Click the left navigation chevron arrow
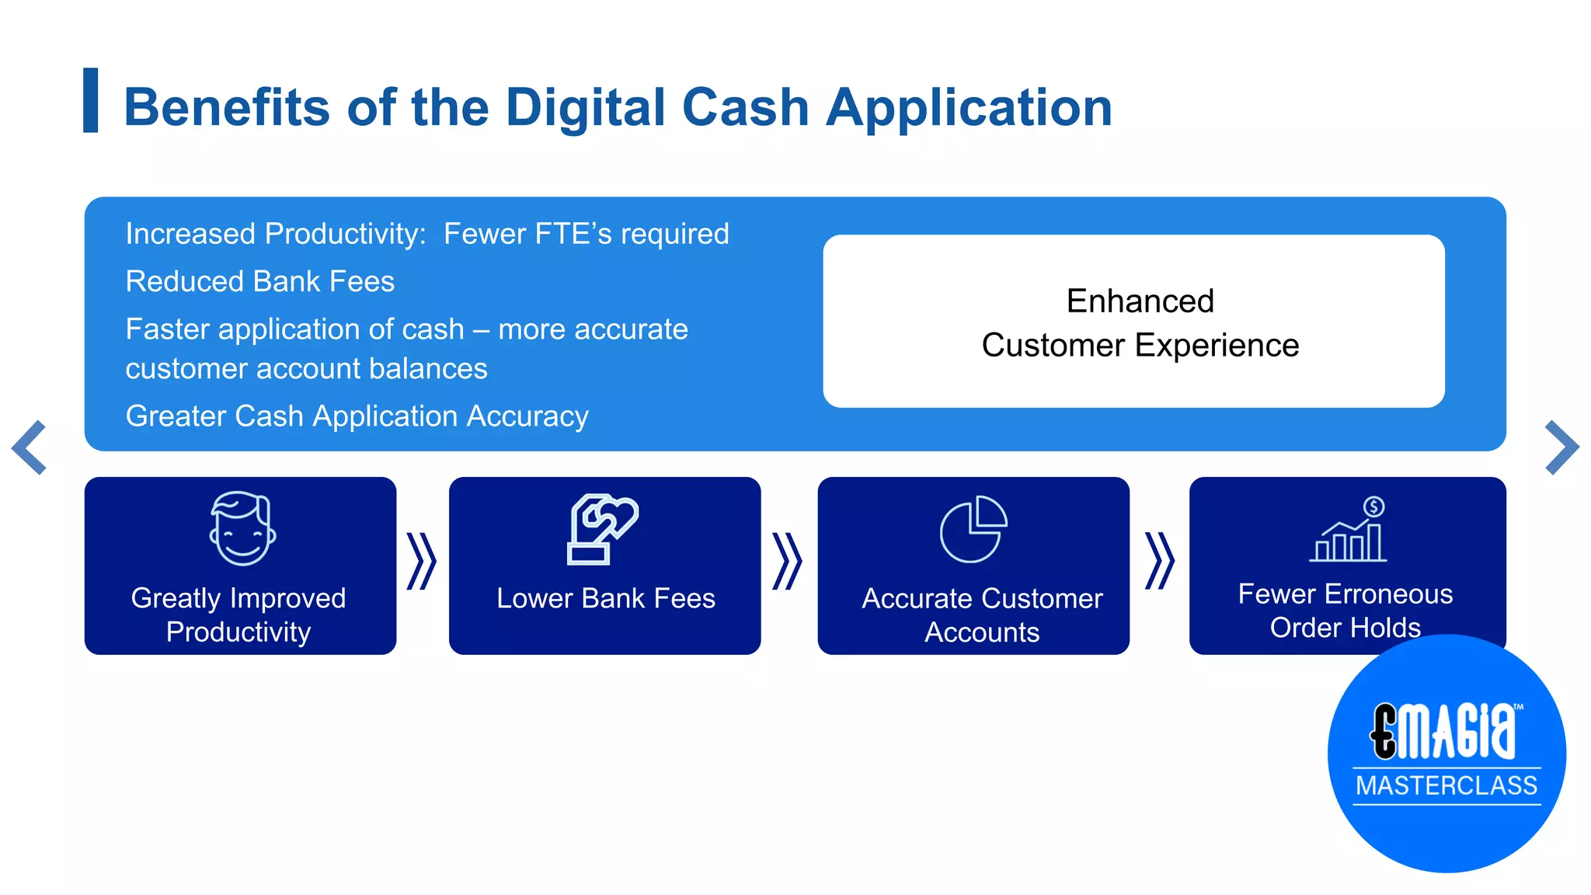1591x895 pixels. (x=30, y=447)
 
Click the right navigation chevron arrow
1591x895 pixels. (x=1561, y=447)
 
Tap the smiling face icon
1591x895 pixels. (x=242, y=528)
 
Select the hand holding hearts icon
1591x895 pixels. (x=602, y=528)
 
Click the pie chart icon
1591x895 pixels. (x=973, y=529)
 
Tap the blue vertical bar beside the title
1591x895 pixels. (x=91, y=100)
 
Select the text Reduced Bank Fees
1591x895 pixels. (x=260, y=281)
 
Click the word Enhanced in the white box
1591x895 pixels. (x=1140, y=301)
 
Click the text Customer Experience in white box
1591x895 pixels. (x=1140, y=346)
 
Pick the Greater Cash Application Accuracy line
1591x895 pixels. (x=357, y=416)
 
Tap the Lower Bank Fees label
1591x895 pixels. (x=605, y=598)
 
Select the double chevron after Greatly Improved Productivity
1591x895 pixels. (x=422, y=561)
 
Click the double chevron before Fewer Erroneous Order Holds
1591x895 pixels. (x=1160, y=561)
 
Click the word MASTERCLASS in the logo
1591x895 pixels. (x=1447, y=785)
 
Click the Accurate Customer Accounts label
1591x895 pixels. (x=982, y=615)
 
